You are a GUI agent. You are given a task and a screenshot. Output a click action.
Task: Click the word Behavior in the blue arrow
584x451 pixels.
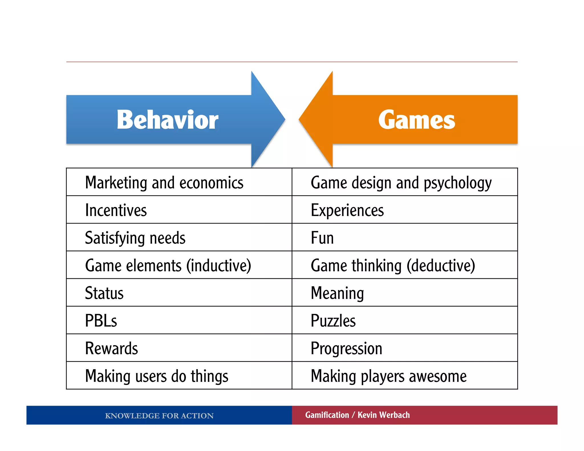coord(167,120)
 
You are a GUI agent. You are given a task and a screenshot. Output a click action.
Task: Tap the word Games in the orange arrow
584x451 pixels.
coord(417,120)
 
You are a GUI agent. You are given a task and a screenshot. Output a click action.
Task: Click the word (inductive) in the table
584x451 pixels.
coord(219,265)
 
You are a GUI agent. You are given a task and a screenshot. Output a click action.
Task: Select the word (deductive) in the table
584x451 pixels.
coord(441,265)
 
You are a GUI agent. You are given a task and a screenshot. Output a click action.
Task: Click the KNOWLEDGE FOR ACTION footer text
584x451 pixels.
coord(159,416)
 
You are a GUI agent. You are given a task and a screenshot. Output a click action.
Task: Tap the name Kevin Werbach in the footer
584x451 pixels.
coord(384,415)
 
